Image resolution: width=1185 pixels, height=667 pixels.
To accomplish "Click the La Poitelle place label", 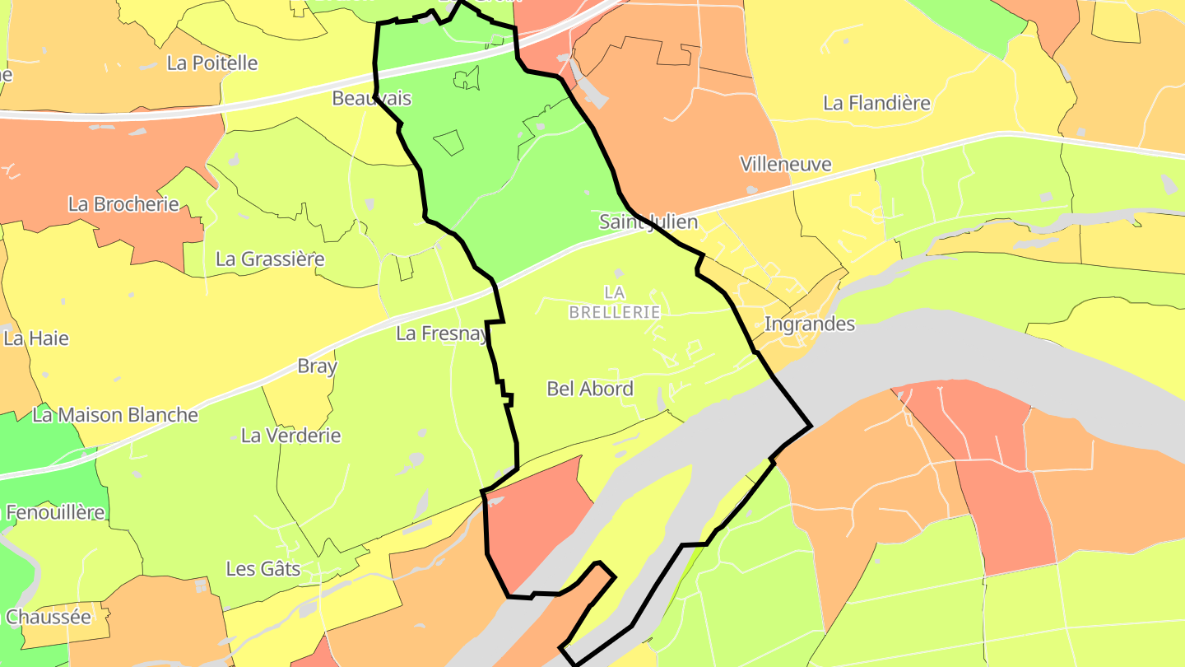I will [211, 63].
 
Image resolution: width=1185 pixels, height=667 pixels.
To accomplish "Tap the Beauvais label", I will [371, 98].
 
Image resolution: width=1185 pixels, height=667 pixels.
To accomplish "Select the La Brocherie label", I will [123, 203].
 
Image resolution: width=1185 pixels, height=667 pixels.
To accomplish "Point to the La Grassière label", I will [270, 259].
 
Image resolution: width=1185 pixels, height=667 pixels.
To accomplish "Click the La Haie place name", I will [36, 338].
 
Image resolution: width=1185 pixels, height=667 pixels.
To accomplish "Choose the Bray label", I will [317, 366].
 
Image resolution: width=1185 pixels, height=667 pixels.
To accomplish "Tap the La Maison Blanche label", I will [115, 415].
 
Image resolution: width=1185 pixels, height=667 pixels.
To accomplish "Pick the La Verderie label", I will [290, 436].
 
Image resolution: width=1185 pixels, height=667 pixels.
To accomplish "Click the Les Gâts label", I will [263, 569].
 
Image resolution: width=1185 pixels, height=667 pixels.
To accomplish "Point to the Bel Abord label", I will [590, 389].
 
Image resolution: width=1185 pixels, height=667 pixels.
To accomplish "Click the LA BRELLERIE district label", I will [615, 302].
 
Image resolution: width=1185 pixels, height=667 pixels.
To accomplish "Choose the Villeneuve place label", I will [785, 164].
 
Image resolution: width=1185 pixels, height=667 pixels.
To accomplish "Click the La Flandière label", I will [876, 103].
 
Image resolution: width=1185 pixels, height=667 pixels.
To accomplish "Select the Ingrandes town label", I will [810, 324].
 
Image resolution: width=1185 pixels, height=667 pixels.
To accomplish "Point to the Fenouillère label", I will [55, 512].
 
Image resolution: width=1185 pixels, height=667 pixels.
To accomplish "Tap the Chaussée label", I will [48, 617].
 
